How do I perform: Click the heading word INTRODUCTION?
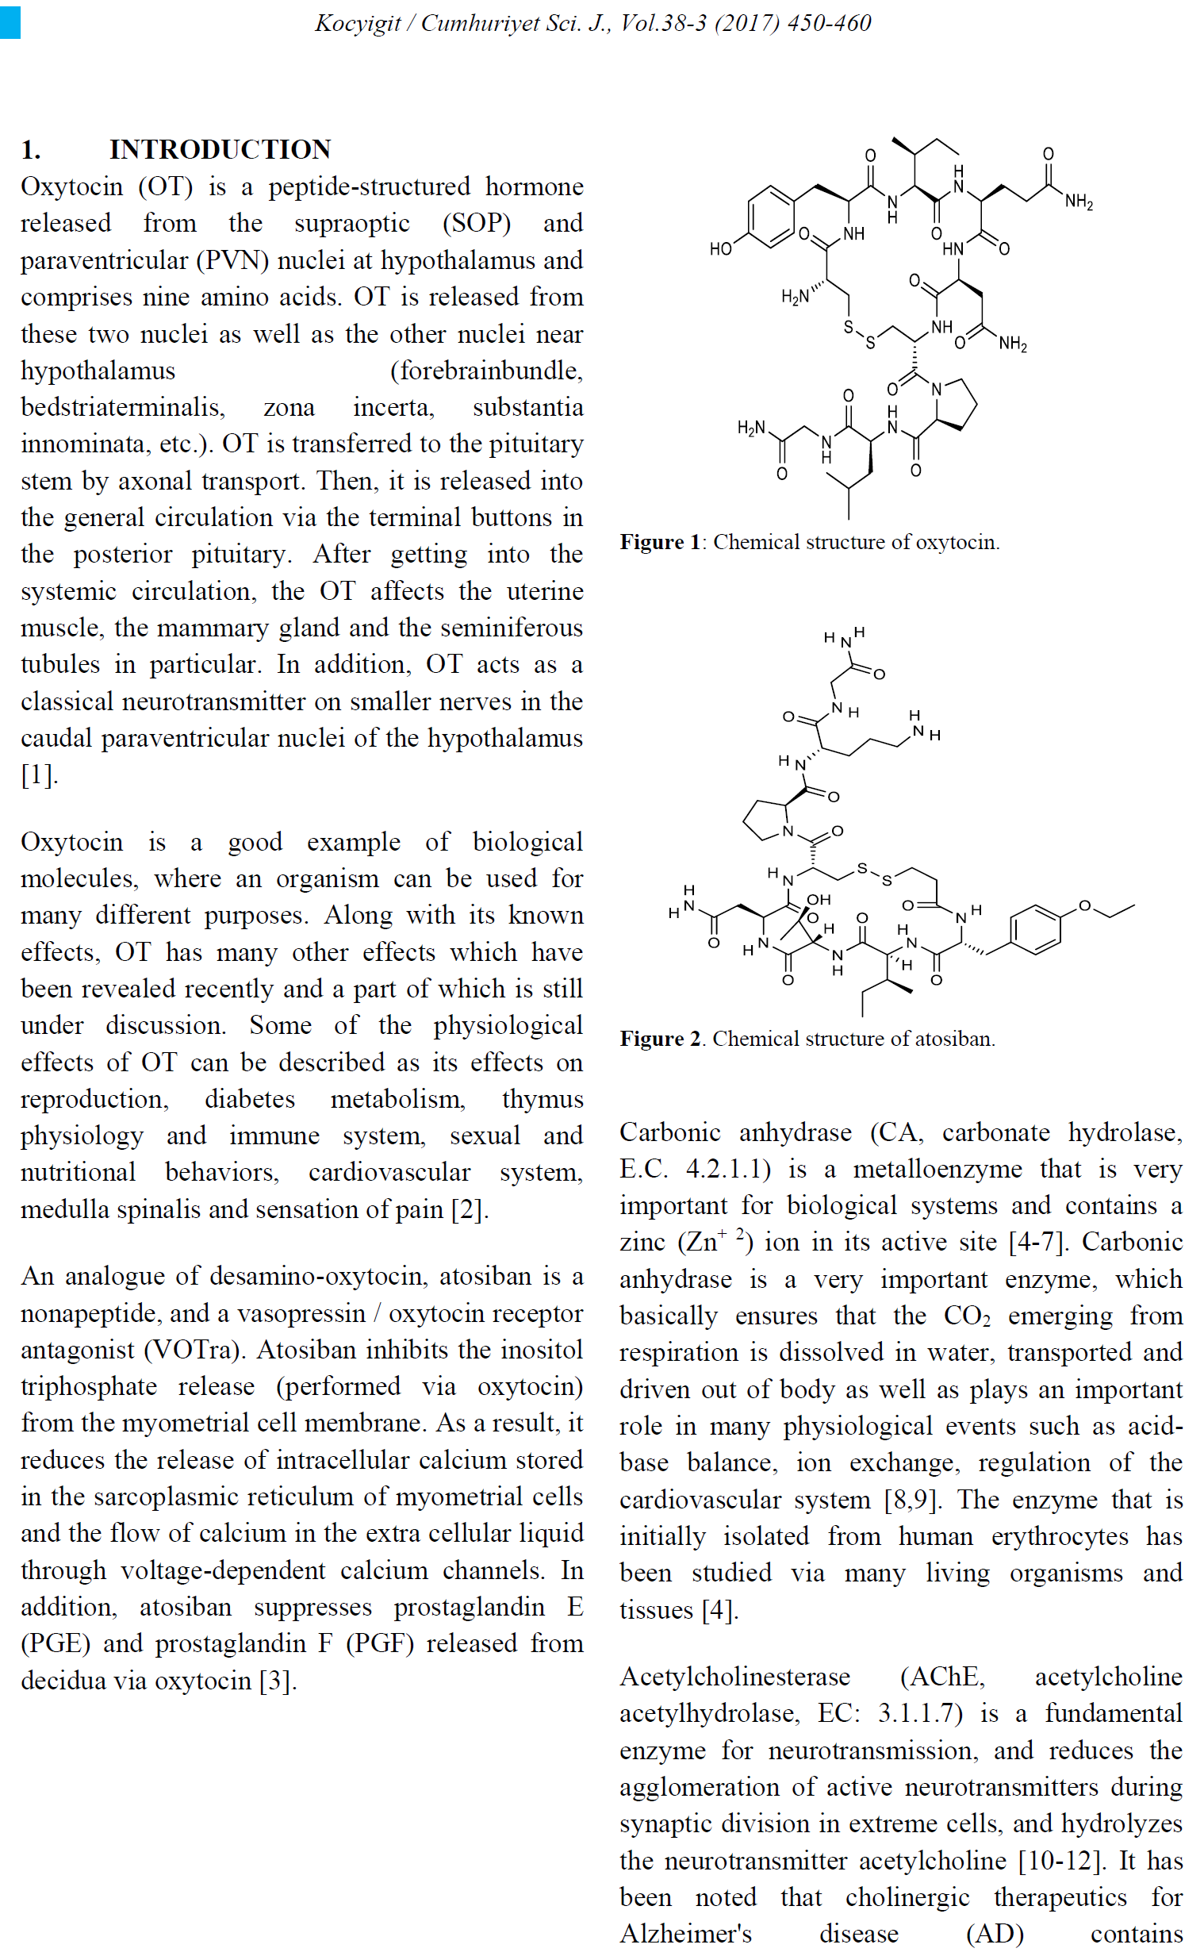220,149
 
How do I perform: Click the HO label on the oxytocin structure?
721,249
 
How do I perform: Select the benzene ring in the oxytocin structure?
771,217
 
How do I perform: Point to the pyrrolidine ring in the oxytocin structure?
954,403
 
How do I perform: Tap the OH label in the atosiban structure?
819,900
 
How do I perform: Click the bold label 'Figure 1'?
659,542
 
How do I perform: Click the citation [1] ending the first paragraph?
39,775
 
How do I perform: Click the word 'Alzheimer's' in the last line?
685,1934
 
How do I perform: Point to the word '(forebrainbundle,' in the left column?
485,371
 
